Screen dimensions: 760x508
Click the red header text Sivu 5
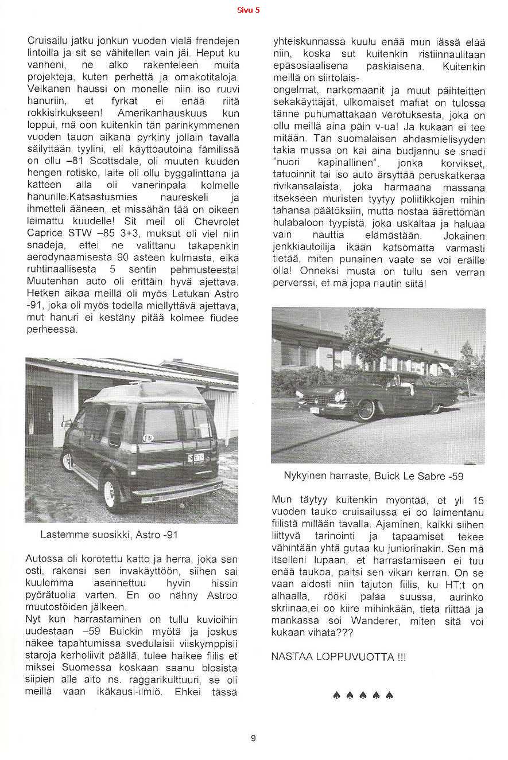point(249,10)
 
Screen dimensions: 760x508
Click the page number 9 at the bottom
point(253,738)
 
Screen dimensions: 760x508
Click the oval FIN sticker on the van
point(148,438)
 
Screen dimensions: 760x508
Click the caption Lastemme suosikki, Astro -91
point(109,535)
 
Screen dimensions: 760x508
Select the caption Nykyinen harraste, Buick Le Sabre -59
point(373,476)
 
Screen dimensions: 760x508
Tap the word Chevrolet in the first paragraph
point(216,221)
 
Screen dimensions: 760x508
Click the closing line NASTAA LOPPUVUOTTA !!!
point(338,657)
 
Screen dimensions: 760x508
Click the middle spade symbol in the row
point(363,696)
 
